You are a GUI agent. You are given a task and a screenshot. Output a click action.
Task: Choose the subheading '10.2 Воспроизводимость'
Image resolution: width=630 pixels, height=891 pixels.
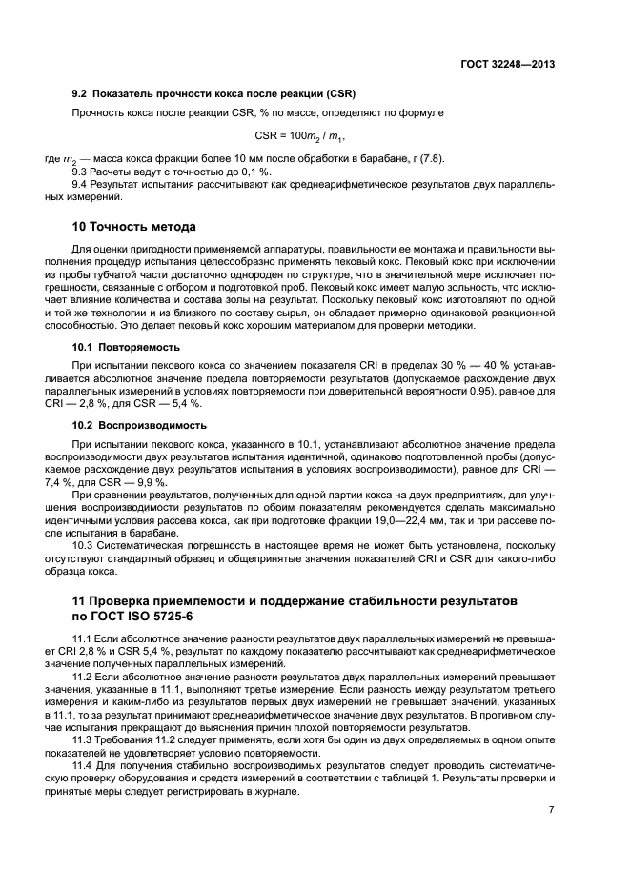(139, 424)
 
